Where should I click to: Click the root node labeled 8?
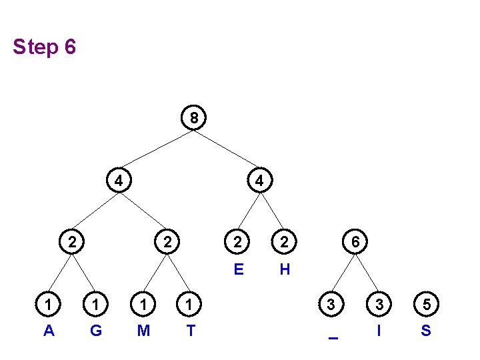[x=193, y=118]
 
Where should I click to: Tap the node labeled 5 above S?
[x=426, y=305]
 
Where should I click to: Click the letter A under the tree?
[x=49, y=330]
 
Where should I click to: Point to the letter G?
[x=96, y=330]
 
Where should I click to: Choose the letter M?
[x=143, y=330]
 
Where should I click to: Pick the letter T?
[x=191, y=330]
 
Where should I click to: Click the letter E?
[x=238, y=269]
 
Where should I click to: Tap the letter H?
[x=285, y=269]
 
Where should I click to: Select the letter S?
[x=426, y=330]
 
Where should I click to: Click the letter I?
[x=379, y=330]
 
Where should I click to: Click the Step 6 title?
[x=44, y=47]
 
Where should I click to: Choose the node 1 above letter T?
[x=191, y=305]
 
